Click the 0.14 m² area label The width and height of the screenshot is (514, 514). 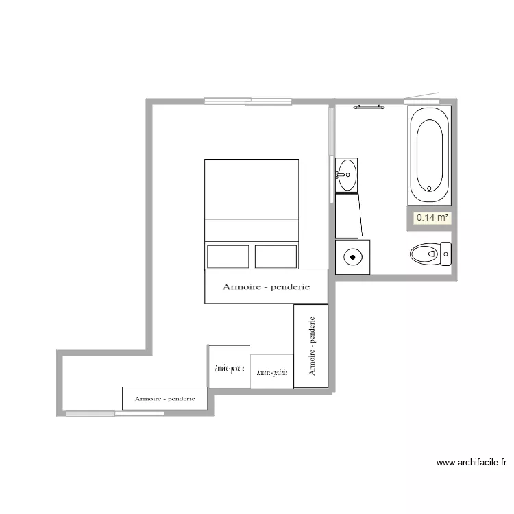tap(432, 218)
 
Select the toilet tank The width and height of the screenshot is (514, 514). tap(446, 254)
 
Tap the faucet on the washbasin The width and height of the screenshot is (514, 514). tap(339, 175)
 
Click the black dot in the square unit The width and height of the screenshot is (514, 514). tap(352, 258)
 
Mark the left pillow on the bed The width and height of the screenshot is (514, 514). tap(228, 256)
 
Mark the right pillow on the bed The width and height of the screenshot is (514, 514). tap(276, 256)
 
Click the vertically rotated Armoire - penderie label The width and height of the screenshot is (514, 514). tap(312, 345)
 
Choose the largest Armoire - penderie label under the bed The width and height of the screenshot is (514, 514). tap(266, 287)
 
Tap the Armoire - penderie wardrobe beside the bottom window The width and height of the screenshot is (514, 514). tap(164, 398)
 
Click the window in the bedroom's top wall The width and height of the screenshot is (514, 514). tap(248, 101)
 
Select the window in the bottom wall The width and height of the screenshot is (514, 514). tap(114, 413)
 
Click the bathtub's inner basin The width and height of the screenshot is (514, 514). tap(430, 155)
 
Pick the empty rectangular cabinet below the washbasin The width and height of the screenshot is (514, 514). tap(347, 215)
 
